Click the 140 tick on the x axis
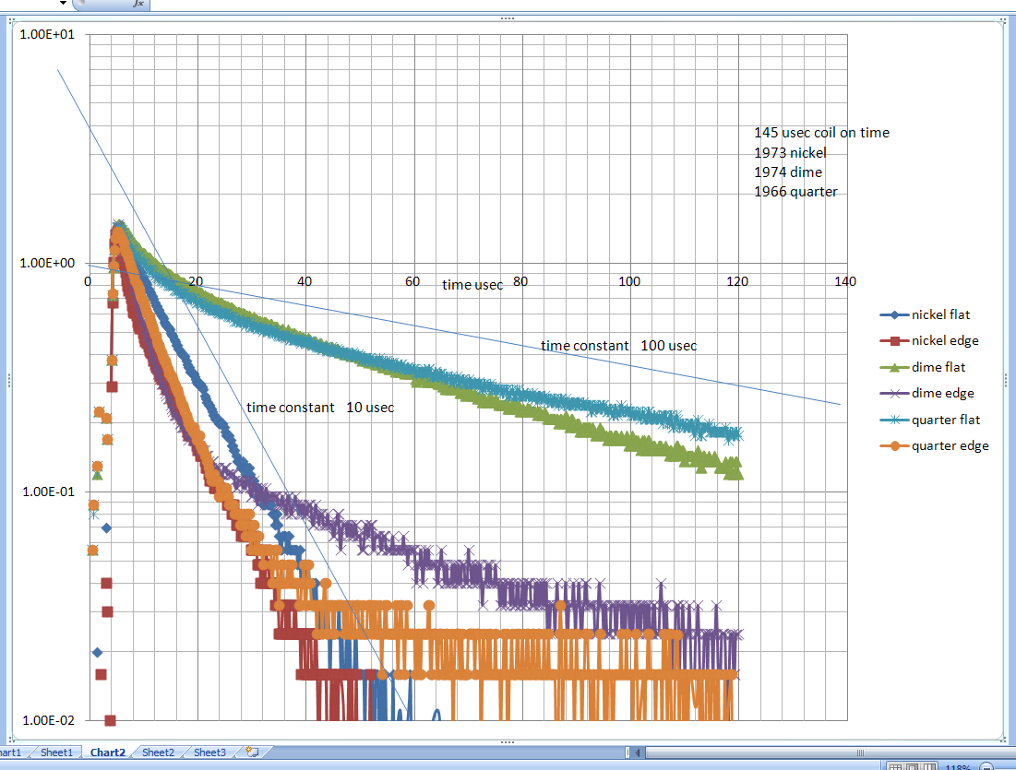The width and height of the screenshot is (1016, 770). click(x=844, y=280)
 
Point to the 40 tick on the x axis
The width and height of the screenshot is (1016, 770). click(x=305, y=280)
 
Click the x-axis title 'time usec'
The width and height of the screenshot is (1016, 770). click(x=472, y=285)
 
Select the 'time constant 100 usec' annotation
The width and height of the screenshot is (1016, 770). click(x=618, y=346)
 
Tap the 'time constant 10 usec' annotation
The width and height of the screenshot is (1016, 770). click(x=320, y=407)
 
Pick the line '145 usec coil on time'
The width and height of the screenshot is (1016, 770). click(x=821, y=133)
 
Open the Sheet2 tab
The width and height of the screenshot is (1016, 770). click(x=158, y=752)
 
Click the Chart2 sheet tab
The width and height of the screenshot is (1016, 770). click(x=108, y=752)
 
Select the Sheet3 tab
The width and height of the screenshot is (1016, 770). click(x=209, y=752)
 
